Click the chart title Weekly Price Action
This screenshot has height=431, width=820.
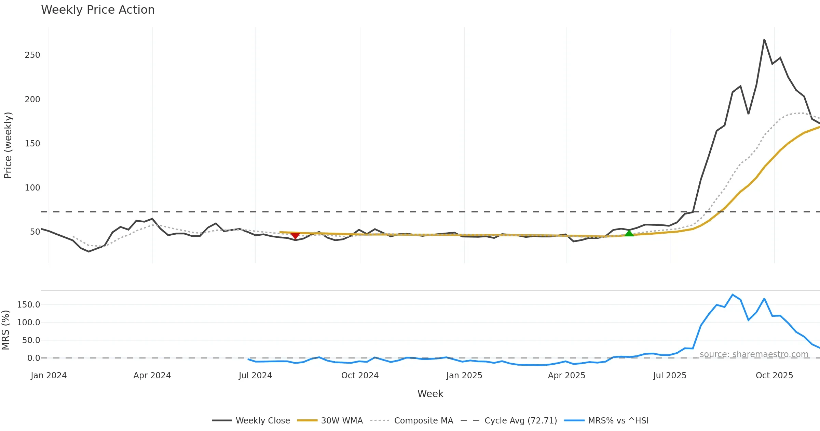98,10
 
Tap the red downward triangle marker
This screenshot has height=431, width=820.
295,236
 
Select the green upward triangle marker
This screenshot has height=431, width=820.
629,233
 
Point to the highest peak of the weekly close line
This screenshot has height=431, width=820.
764,40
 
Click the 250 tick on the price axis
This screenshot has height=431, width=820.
32,55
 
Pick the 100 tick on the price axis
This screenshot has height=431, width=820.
32,188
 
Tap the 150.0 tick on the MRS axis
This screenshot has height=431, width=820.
29,305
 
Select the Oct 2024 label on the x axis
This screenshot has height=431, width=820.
360,376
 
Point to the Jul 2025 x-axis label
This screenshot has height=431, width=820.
670,376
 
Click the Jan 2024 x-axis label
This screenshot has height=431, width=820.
49,376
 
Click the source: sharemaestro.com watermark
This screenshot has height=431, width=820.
754,354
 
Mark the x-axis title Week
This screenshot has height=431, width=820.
430,394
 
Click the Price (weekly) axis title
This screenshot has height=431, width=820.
8,145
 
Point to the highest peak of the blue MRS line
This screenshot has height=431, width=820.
733,295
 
